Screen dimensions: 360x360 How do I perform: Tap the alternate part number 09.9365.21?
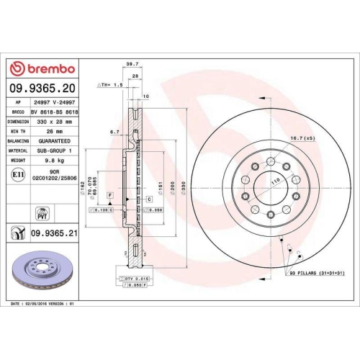click(x=54, y=233)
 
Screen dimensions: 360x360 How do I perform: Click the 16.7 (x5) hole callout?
click(x=303, y=138)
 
